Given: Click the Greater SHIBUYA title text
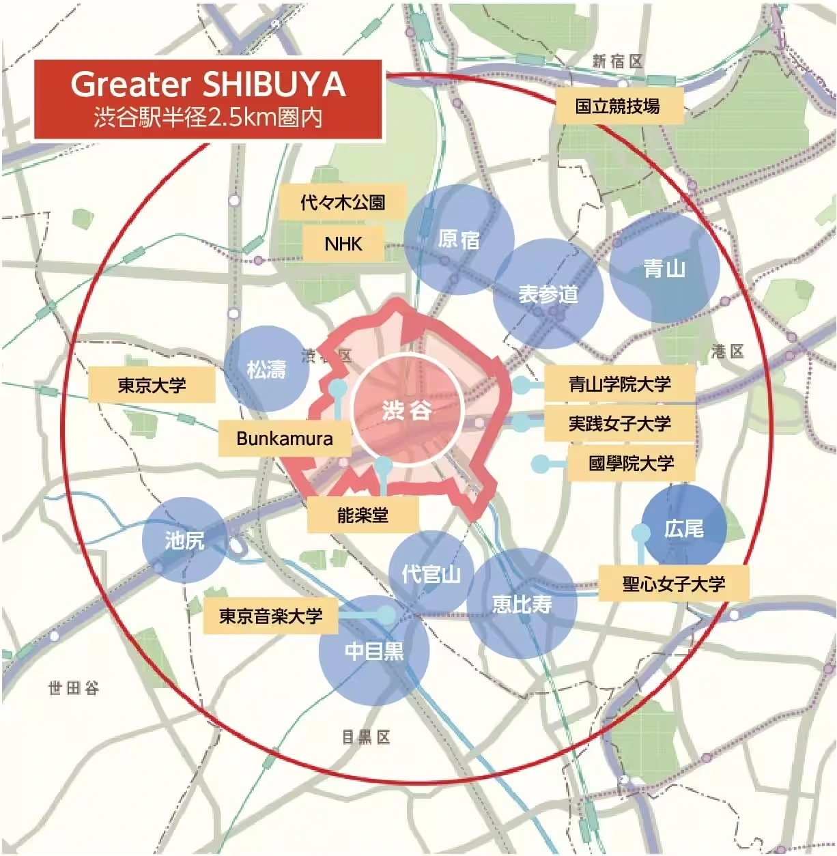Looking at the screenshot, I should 208,85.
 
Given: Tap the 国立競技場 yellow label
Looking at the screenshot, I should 618,106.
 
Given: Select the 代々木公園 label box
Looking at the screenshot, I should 343,202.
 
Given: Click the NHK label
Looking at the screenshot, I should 343,244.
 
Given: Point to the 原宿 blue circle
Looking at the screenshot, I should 458,240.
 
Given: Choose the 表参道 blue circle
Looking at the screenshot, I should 548,294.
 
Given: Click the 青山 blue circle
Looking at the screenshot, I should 664,268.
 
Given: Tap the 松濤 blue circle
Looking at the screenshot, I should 266,369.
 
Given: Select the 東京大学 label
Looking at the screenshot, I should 152,386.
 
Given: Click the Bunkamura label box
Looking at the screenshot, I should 285,438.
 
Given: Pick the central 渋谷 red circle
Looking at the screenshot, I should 407,410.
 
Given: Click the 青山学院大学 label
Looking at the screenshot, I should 619,384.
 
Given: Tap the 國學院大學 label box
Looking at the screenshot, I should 631,463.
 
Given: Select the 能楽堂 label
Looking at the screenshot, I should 363,515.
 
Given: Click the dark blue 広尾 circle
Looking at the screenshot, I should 683,528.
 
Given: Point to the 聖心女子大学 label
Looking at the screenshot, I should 673,584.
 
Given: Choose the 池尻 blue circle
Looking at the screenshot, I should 184,540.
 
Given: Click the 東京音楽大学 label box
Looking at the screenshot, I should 270,616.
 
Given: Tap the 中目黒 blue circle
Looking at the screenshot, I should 374,651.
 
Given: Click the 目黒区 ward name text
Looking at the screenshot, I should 366,737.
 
